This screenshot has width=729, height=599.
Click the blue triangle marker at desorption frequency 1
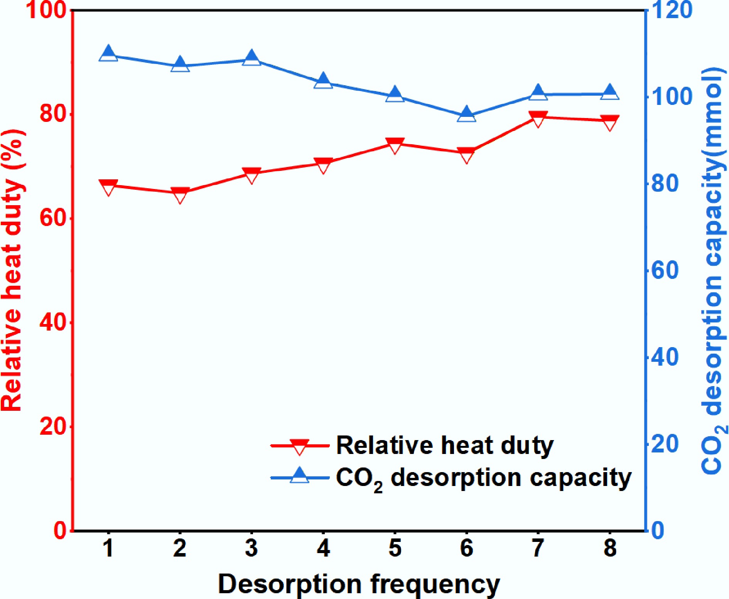coord(108,54)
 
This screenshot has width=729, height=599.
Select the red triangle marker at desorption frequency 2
coord(180,194)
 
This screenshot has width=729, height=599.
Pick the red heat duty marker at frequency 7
coord(538,119)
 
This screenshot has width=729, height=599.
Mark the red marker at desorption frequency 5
coord(395,145)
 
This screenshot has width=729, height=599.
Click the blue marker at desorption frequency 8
coord(610,93)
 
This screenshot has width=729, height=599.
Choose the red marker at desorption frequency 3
coord(252,175)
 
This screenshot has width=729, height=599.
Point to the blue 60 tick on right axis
coord(665,270)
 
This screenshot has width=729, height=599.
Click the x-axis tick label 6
coord(467,548)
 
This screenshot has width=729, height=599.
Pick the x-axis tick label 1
coord(108,548)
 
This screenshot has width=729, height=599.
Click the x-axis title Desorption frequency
coord(359,583)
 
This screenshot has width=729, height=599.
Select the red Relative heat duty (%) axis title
coord(12,270)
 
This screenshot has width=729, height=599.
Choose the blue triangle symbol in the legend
coord(300,476)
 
